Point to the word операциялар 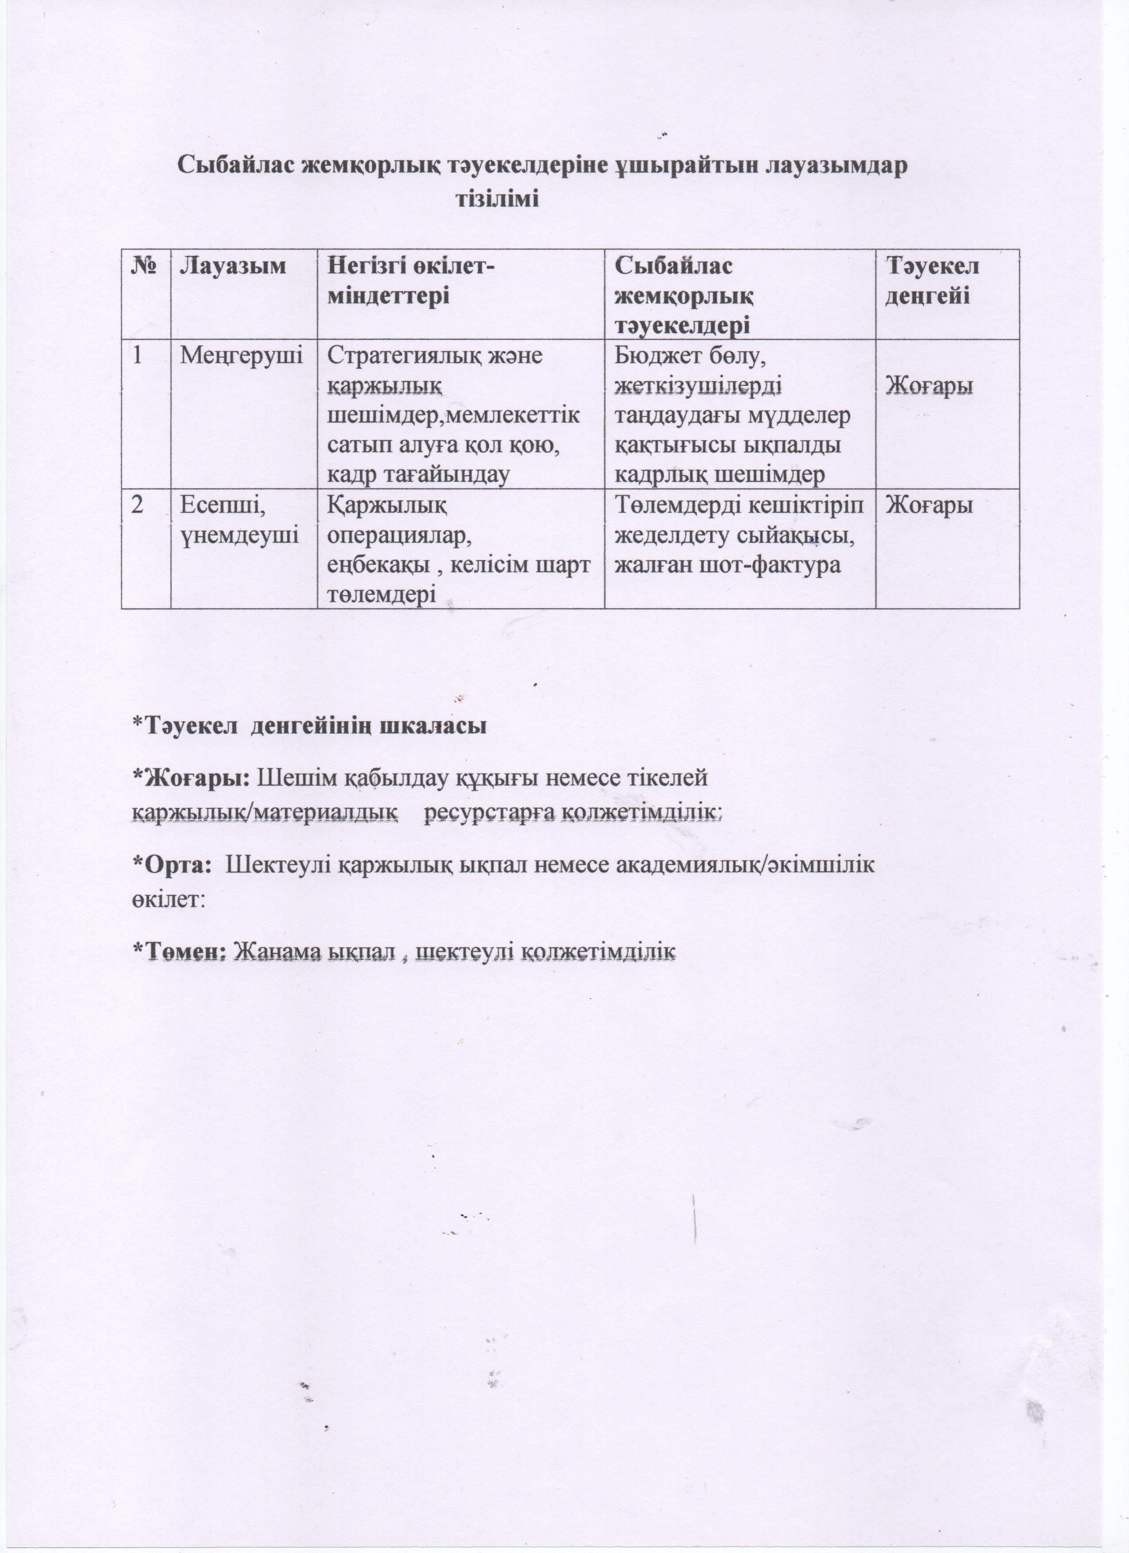click(x=400, y=536)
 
